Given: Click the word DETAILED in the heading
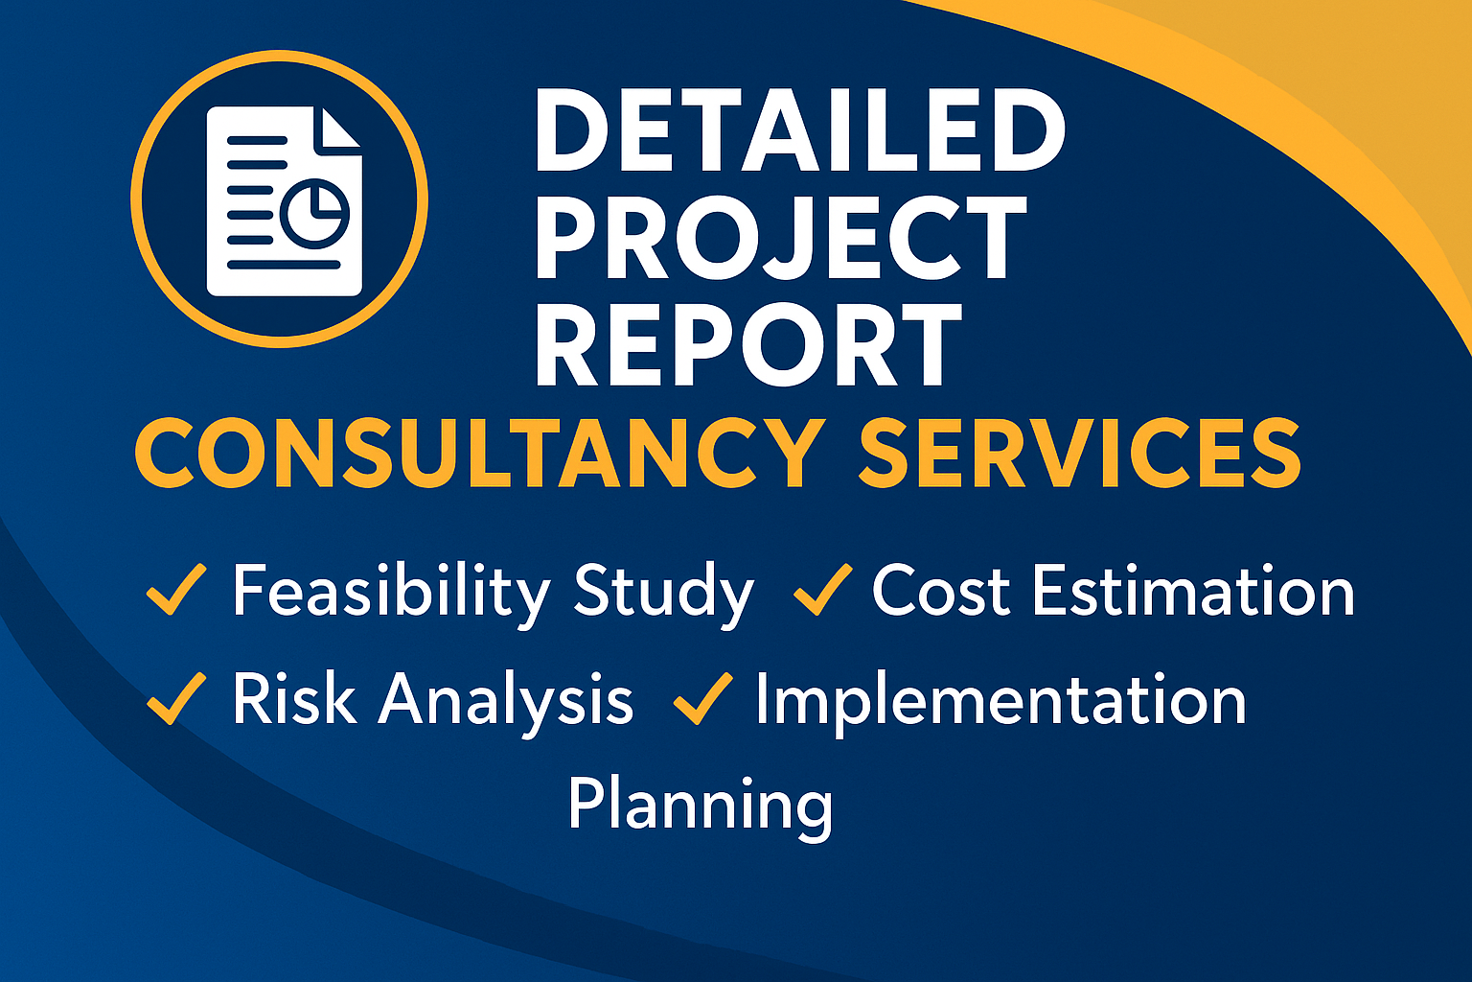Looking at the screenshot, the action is [x=800, y=129].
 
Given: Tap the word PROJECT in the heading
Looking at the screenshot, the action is [x=781, y=238].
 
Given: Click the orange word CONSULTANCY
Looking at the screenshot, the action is [x=480, y=453].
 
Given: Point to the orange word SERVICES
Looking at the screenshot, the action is [x=1080, y=453].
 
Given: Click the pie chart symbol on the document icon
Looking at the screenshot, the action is [x=314, y=213].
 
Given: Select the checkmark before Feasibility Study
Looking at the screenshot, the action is [x=176, y=589].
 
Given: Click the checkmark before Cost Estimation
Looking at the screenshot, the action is [x=823, y=589].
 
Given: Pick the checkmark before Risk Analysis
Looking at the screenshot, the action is [x=176, y=698].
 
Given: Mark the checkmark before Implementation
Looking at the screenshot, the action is [x=703, y=698].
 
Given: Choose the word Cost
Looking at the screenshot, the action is [x=941, y=590].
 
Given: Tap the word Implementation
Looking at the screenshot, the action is [x=1000, y=704].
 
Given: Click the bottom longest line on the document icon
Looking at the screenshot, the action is [x=284, y=265].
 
